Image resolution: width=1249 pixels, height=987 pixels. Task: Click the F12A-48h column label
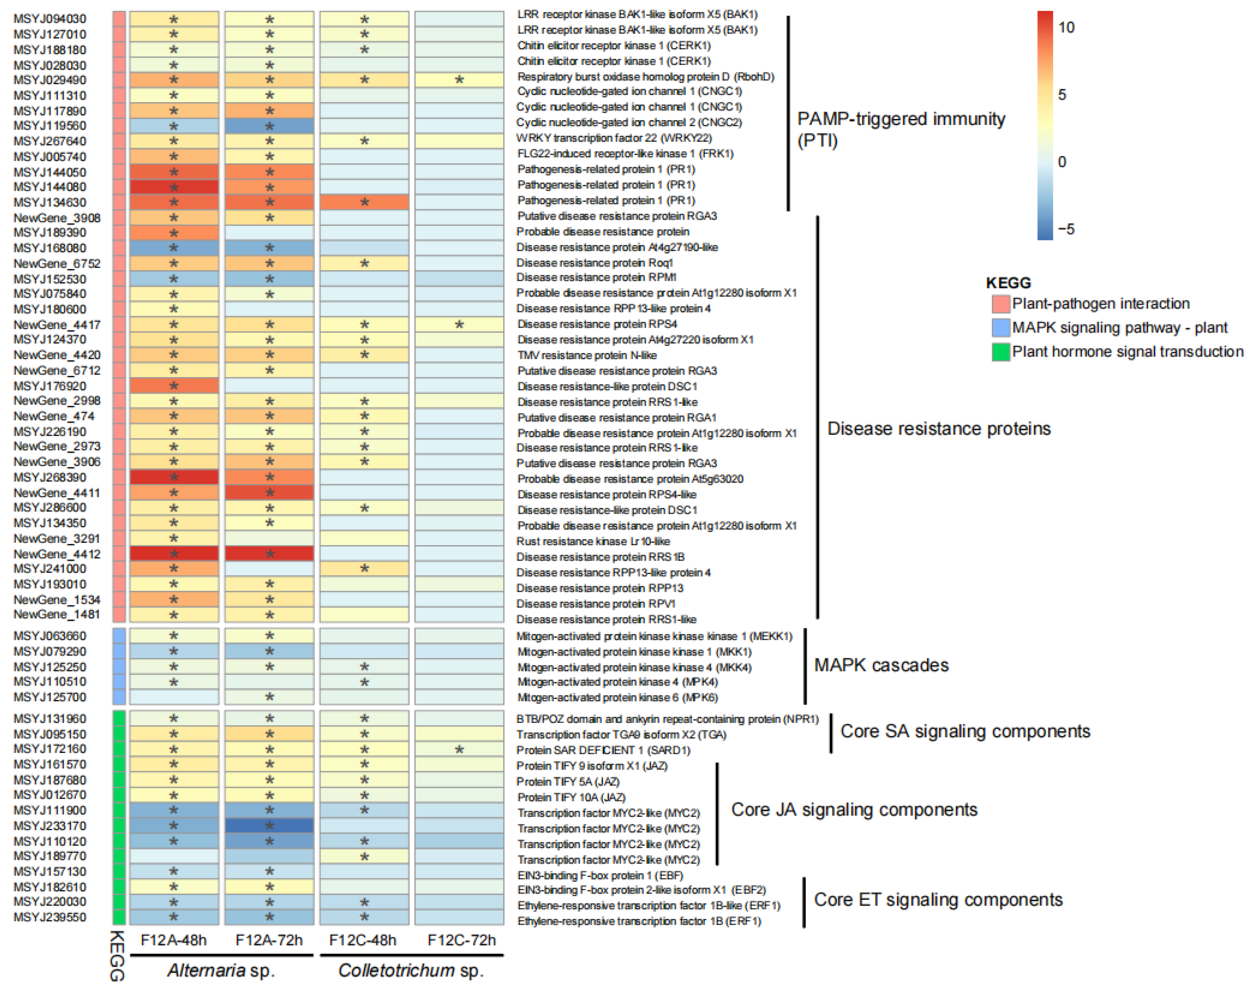coord(173,940)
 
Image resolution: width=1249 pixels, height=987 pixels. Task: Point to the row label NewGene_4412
coord(56,554)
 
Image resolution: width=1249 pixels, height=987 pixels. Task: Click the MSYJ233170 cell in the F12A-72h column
coord(269,826)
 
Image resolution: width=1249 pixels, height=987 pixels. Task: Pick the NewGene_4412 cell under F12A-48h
coord(174,554)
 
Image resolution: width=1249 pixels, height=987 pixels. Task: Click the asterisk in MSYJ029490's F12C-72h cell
coord(459,80)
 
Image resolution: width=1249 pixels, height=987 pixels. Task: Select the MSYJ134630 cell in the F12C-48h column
coord(364,202)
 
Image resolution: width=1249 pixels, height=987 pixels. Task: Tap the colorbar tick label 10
coord(1066,27)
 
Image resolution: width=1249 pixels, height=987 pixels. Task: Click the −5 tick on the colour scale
coord(1066,229)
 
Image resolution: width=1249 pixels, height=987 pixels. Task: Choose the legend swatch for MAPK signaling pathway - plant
coord(1001,328)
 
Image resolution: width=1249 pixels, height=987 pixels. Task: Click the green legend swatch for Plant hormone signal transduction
coord(1001,351)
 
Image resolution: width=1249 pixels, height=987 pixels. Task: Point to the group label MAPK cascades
coord(881,665)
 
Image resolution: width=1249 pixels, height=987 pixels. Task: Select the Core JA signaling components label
coord(854,810)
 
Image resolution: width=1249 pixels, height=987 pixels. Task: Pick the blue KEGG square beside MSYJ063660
coord(119,636)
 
